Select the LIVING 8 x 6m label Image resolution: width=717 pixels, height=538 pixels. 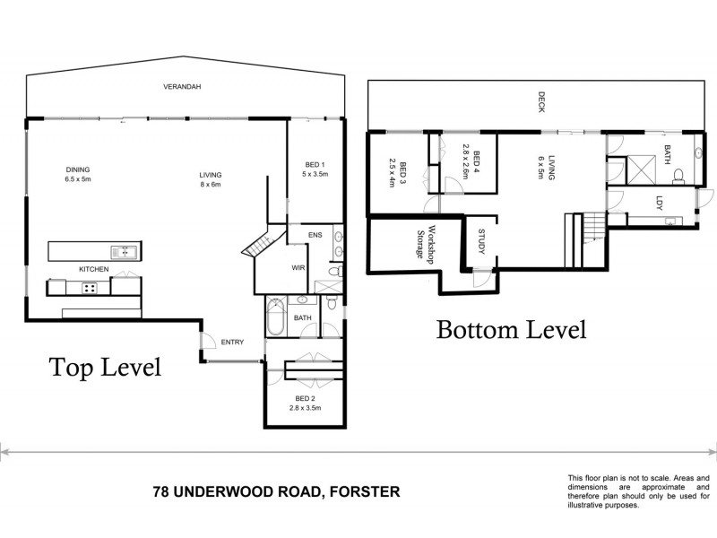click(x=211, y=179)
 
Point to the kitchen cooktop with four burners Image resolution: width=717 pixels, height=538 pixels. click(x=91, y=287)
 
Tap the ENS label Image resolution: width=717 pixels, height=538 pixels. click(x=315, y=236)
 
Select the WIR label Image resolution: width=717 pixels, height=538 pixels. click(x=298, y=267)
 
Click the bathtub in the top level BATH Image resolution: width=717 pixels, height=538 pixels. click(x=274, y=318)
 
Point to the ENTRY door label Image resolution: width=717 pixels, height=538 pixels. click(x=232, y=341)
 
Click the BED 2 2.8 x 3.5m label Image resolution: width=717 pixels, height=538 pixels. click(x=306, y=403)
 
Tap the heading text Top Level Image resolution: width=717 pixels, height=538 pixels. click(x=105, y=368)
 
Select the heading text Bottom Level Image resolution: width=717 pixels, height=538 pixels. click(x=511, y=330)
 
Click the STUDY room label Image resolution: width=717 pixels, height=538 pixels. click(x=481, y=242)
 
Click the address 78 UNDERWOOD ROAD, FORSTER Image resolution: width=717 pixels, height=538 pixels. click(x=276, y=491)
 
